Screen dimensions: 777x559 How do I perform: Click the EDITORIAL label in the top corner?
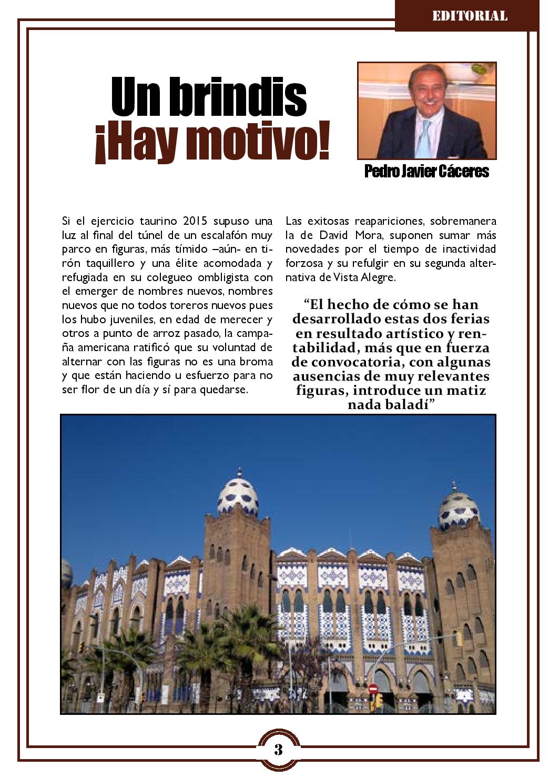(x=470, y=16)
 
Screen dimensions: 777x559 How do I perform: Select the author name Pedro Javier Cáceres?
(x=426, y=172)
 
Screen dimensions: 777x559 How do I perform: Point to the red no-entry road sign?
(x=373, y=689)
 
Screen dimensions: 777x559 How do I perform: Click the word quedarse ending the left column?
(x=225, y=390)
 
